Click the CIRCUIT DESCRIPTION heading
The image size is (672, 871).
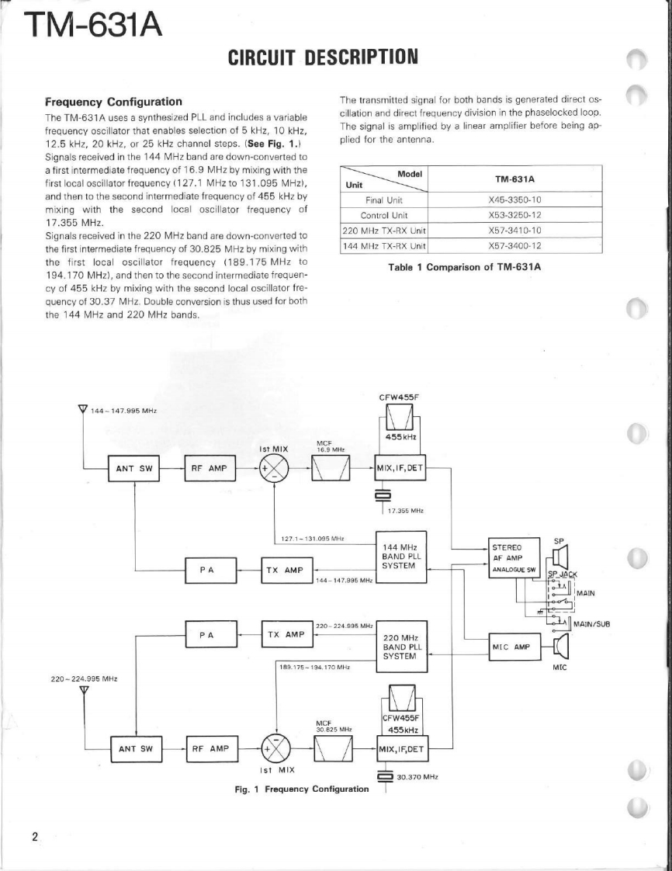(x=323, y=57)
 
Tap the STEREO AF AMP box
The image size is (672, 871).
(x=515, y=557)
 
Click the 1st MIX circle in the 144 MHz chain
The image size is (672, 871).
(x=274, y=467)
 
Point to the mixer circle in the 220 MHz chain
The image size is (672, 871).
(x=274, y=748)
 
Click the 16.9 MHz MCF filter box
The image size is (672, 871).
(x=331, y=468)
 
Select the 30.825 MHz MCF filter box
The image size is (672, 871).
(x=331, y=748)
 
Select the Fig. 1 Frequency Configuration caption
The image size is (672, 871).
(x=302, y=789)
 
